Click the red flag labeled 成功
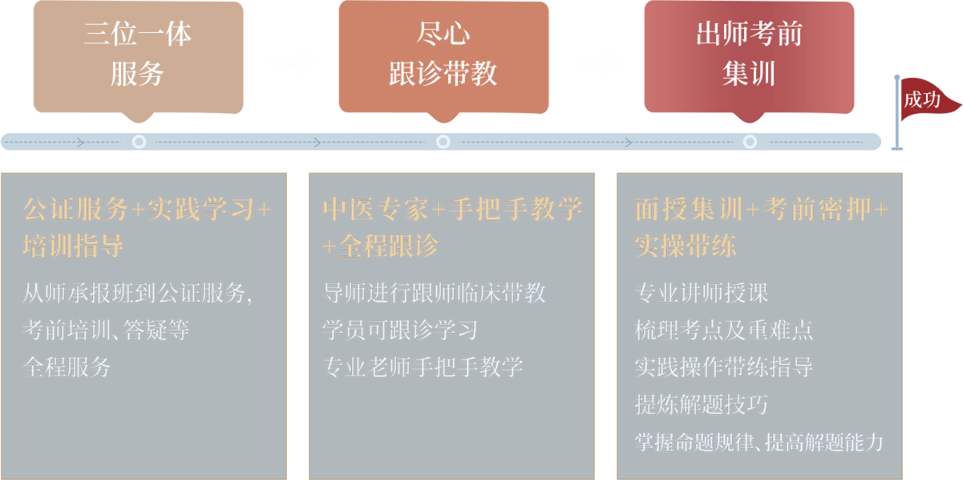click(x=929, y=99)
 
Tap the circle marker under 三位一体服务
click(x=139, y=141)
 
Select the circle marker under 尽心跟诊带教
click(x=443, y=141)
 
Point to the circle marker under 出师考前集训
click(x=750, y=141)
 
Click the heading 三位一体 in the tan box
click(x=138, y=34)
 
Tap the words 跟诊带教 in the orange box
click(x=443, y=73)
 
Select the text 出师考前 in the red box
click(x=750, y=34)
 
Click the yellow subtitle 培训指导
click(x=73, y=246)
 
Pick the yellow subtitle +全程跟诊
click(x=381, y=246)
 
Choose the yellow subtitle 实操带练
click(x=686, y=246)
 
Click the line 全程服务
click(x=67, y=367)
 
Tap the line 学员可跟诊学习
click(x=400, y=330)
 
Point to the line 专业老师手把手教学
click(x=423, y=367)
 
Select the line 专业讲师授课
click(x=702, y=293)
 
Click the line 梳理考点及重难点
click(x=724, y=330)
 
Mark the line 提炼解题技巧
click(x=702, y=405)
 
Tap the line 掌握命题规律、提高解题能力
click(x=759, y=442)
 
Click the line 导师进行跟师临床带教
click(x=435, y=293)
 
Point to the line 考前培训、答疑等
click(x=106, y=330)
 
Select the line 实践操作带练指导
click(x=724, y=367)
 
